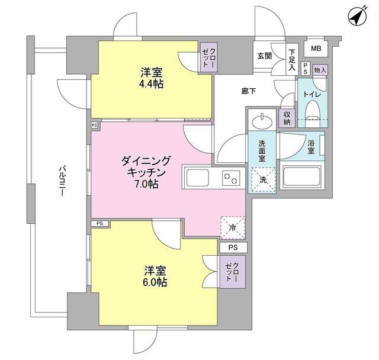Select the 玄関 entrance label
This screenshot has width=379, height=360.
click(x=264, y=56)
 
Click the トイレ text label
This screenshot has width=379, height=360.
click(x=312, y=94)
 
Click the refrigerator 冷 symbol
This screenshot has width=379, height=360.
click(x=233, y=226)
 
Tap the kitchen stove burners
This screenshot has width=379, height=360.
click(x=231, y=178)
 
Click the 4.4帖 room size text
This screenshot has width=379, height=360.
click(x=152, y=83)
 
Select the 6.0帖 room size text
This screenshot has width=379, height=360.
click(x=156, y=282)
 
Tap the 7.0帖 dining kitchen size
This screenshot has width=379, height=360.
click(x=146, y=184)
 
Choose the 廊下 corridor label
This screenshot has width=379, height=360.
click(x=249, y=91)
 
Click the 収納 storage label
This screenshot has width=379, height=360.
click(x=288, y=118)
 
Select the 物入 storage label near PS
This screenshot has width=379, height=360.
click(x=320, y=70)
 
